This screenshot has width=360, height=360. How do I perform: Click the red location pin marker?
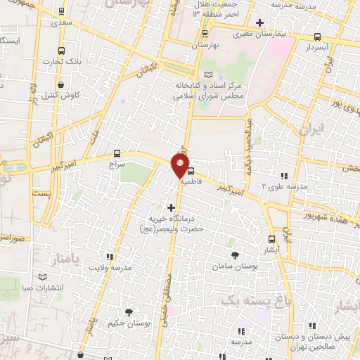click(x=181, y=165)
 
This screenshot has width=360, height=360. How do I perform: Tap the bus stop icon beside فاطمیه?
click(x=191, y=169)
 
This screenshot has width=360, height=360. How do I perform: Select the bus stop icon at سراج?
click(x=117, y=153)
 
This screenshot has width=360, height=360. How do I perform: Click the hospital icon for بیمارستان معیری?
click(x=259, y=23)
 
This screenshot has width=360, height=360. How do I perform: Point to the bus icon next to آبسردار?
click(x=317, y=37)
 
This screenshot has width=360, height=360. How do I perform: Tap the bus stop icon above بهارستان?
click(x=205, y=34)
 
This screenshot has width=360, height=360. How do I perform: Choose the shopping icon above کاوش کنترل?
click(x=63, y=84)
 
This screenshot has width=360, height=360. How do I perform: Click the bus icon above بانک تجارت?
click(x=61, y=51)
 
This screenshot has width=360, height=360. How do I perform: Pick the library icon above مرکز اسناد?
click(x=207, y=75)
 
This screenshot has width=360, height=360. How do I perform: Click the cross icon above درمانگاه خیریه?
click(x=171, y=207)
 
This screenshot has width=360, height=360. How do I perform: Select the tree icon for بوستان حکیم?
click(x=129, y=311)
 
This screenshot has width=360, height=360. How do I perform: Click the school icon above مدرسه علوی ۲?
click(x=284, y=176)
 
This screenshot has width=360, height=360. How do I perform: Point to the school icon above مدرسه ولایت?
click(x=110, y=257)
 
